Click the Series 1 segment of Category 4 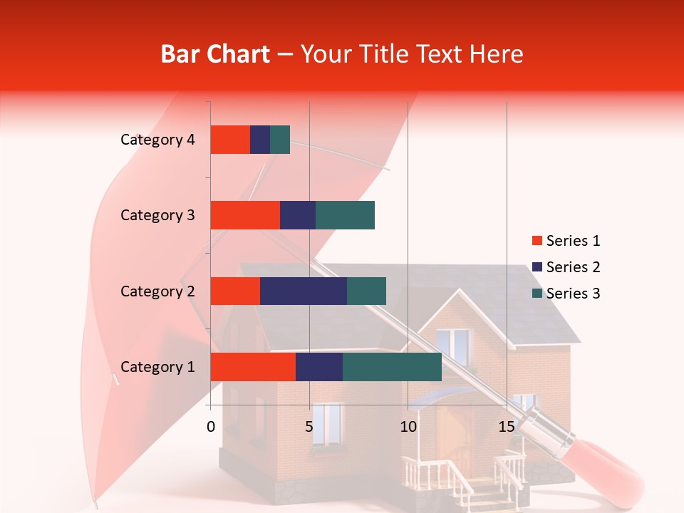coord(230,140)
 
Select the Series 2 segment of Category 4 coord(260,140)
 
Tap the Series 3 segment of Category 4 coord(280,140)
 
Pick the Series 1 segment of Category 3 coord(245,215)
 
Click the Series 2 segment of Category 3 coord(298,215)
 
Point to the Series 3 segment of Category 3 coord(345,215)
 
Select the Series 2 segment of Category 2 coord(304,291)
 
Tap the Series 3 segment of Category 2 coord(366,291)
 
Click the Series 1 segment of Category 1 coord(253,367)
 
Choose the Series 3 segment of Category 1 coord(392,367)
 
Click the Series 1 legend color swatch coord(537,241)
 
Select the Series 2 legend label coord(573,267)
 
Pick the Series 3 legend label coord(573,294)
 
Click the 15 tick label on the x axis coord(507,427)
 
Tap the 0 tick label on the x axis coord(211,427)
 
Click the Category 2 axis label coord(157,291)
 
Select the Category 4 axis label coord(157,140)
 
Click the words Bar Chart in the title coord(215,54)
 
